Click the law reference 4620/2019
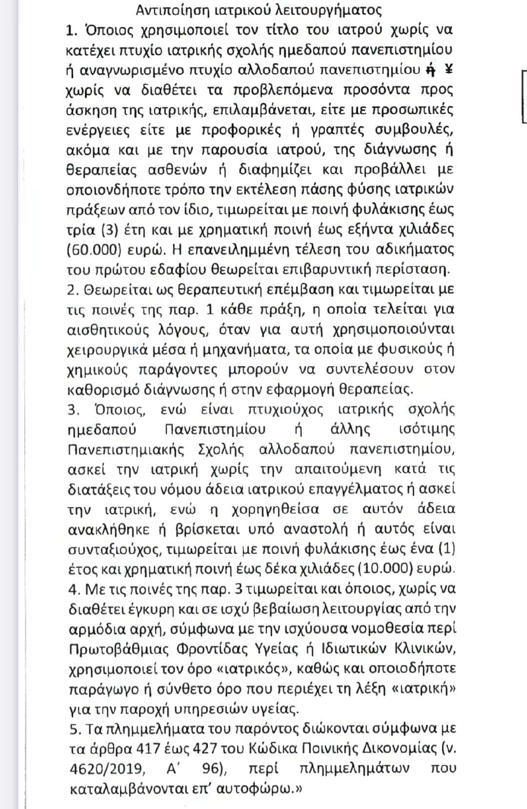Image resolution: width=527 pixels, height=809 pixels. pyautogui.click(x=107, y=769)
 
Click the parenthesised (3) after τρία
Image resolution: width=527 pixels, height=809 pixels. pyautogui.click(x=111, y=230)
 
